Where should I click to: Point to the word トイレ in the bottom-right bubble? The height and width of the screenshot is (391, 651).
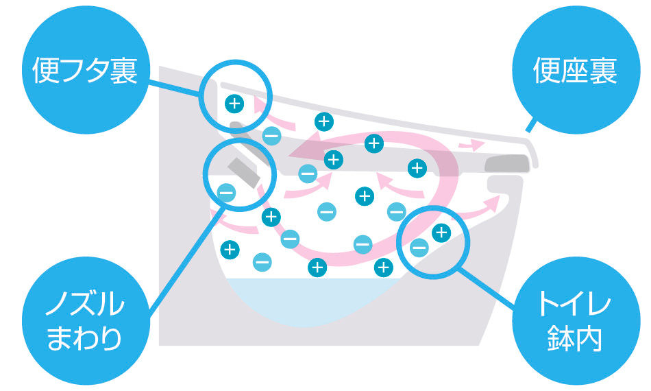coord(574,303)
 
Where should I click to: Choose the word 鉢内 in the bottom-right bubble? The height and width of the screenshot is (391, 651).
coord(574,339)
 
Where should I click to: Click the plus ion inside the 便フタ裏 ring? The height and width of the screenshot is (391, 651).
coord(234,104)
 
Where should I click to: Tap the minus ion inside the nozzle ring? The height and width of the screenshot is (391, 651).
coord(227,193)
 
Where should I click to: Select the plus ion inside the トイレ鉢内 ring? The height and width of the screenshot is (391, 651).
coord(441,233)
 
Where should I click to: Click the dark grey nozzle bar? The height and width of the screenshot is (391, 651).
coord(243,171)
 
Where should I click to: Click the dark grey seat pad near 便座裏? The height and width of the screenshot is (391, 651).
coord(507,163)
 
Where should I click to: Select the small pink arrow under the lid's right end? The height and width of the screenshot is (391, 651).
coord(471,145)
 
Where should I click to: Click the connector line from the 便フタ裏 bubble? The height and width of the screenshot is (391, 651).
coord(175,87)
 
